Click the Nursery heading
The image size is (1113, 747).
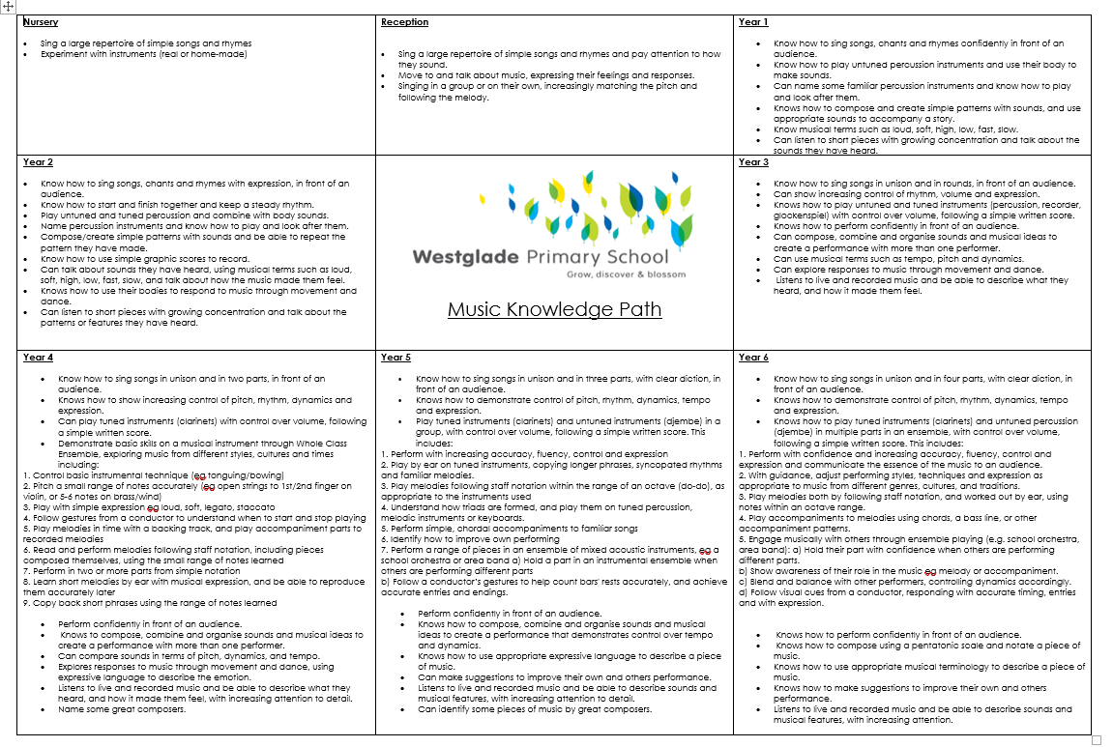(x=41, y=22)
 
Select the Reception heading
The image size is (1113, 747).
(x=404, y=22)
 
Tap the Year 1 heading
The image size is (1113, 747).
(x=753, y=22)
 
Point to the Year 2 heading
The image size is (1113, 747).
(x=38, y=162)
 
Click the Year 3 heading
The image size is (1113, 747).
(x=753, y=162)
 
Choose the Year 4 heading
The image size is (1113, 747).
(x=38, y=358)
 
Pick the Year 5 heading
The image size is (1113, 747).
(x=395, y=358)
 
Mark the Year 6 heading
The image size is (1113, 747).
(x=753, y=358)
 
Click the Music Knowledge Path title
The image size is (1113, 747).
(x=554, y=309)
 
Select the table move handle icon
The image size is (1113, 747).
(x=8, y=6)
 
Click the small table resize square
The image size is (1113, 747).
(x=1096, y=740)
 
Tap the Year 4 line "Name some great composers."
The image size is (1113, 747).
(x=121, y=709)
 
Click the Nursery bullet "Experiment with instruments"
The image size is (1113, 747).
(x=143, y=54)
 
